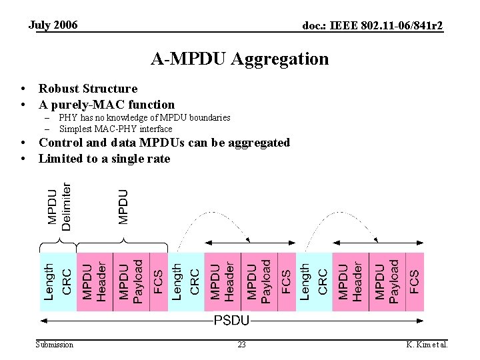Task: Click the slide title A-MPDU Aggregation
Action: click(x=239, y=59)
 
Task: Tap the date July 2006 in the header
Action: click(x=53, y=25)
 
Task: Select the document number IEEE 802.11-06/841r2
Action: click(x=373, y=26)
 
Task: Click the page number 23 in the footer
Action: click(x=241, y=345)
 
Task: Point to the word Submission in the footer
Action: click(x=55, y=345)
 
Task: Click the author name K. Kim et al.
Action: click(x=427, y=345)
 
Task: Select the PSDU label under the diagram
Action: click(x=231, y=321)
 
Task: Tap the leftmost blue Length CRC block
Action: click(x=58, y=281)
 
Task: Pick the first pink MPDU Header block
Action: click(x=95, y=281)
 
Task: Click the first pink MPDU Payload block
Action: click(x=131, y=281)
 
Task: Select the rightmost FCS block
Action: click(x=414, y=281)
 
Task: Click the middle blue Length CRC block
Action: click(x=186, y=281)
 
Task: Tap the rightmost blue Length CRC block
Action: click(x=313, y=281)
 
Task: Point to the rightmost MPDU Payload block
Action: click(x=387, y=281)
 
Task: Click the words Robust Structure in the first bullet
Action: click(x=88, y=89)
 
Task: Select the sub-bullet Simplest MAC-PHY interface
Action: click(x=115, y=129)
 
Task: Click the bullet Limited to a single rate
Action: click(x=104, y=159)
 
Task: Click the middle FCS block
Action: click(x=285, y=281)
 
